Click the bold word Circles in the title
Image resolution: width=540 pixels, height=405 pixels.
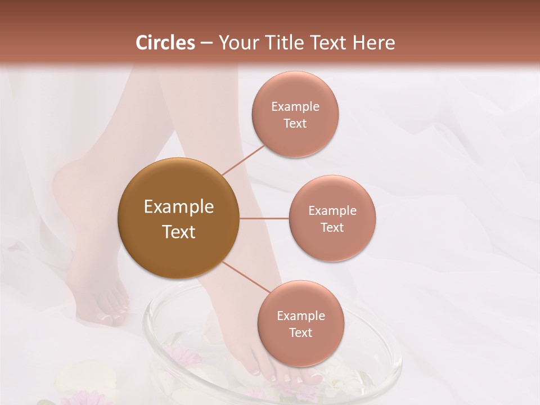[165, 43]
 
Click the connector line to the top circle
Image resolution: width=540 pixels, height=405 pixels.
[244, 160]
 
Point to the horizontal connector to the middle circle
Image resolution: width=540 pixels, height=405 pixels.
[264, 218]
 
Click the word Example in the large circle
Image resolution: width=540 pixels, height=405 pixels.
[179, 207]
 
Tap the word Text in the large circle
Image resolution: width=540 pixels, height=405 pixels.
[179, 232]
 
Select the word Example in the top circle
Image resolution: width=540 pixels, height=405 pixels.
[295, 106]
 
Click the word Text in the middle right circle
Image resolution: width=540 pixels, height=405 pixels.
[332, 227]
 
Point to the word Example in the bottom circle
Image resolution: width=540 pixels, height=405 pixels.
[301, 316]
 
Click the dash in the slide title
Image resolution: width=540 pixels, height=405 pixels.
[206, 43]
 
